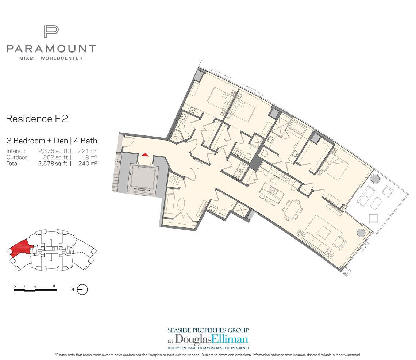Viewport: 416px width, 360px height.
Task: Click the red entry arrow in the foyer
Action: pyautogui.click(x=145, y=154)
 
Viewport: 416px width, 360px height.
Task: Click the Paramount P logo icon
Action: pyautogui.click(x=51, y=32)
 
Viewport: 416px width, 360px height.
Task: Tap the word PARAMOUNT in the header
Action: pyautogui.click(x=51, y=49)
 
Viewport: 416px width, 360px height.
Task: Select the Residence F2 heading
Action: pyautogui.click(x=37, y=119)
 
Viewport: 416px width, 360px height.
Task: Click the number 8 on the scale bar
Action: pyautogui.click(x=54, y=286)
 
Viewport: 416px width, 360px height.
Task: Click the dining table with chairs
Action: pyautogui.click(x=293, y=208)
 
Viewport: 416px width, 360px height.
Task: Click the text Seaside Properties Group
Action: pyautogui.click(x=208, y=330)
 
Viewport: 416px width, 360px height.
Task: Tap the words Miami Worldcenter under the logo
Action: pyautogui.click(x=51, y=58)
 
